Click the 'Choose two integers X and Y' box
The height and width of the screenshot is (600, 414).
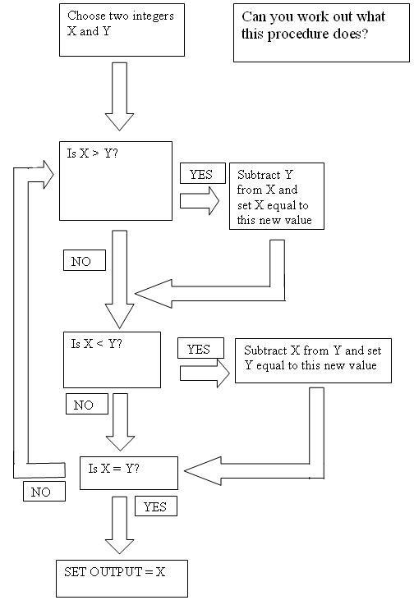(x=122, y=30)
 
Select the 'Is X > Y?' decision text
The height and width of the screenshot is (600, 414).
(x=92, y=153)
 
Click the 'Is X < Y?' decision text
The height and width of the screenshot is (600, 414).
(x=96, y=344)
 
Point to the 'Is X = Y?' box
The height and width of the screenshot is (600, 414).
(x=129, y=473)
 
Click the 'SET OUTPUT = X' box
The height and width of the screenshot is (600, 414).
(x=122, y=579)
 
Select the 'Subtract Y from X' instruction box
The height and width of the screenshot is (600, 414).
(x=277, y=196)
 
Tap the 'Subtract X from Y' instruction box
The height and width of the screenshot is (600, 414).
(x=313, y=360)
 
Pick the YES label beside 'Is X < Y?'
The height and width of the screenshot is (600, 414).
(x=200, y=348)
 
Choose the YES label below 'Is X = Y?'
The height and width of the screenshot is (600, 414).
(x=156, y=506)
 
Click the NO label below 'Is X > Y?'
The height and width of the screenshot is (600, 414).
(x=85, y=260)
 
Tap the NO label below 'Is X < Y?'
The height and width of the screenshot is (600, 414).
(x=86, y=404)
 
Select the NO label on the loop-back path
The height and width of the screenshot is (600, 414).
(x=44, y=491)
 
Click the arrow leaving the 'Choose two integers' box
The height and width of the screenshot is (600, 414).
(x=119, y=96)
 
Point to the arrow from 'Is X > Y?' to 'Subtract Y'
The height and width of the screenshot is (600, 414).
(x=199, y=201)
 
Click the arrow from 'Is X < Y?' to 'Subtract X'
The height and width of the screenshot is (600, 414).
(x=205, y=373)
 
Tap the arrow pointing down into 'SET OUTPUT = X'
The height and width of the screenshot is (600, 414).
(x=119, y=525)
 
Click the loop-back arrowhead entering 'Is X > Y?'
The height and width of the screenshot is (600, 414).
(x=48, y=175)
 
